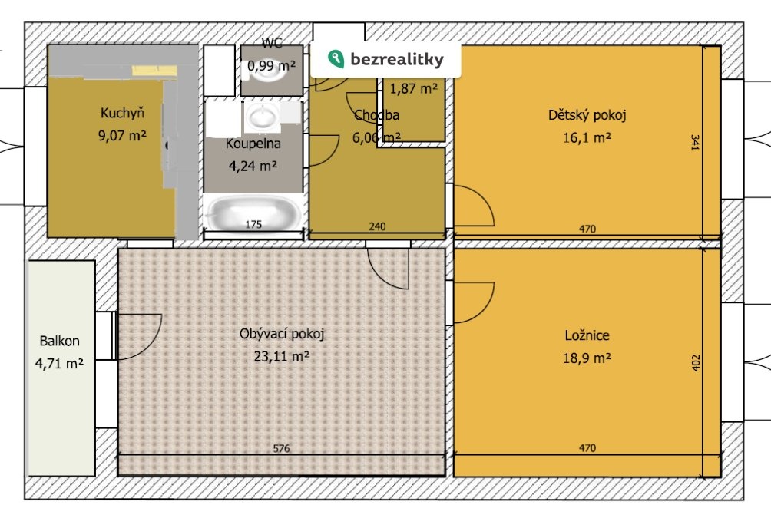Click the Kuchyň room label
(x=122, y=113)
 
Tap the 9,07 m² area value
(x=122, y=135)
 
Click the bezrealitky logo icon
(x=336, y=59)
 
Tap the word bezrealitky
(x=397, y=60)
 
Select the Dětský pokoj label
(x=587, y=116)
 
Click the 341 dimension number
(x=695, y=142)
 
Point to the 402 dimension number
(x=695, y=363)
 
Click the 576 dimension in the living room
(x=281, y=448)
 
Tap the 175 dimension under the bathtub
(x=253, y=225)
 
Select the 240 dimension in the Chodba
(x=377, y=226)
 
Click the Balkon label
(x=59, y=342)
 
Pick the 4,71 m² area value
(x=59, y=364)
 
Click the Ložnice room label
(x=587, y=336)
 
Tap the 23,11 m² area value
(x=282, y=356)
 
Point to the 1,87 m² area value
(x=413, y=89)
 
